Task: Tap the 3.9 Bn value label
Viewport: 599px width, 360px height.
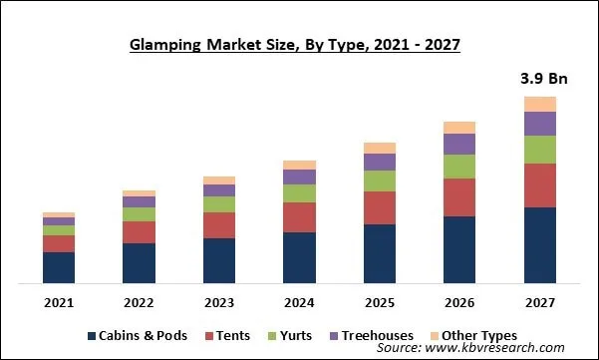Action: pos(539,78)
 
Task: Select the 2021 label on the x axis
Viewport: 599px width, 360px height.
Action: pos(59,302)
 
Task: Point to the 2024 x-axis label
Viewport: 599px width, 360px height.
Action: pos(299,302)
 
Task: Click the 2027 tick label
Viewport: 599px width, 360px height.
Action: pos(539,302)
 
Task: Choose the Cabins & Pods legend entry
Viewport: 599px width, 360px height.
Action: pos(140,336)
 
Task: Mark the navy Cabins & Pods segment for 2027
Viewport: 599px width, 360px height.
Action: pos(539,245)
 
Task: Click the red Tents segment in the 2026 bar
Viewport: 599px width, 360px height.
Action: pos(459,197)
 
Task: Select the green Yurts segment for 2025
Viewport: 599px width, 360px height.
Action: pos(380,180)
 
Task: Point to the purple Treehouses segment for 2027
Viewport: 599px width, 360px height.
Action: pos(539,123)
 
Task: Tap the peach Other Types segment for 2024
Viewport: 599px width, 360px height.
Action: pos(299,165)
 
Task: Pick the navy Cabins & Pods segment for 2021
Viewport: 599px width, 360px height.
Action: pos(59,267)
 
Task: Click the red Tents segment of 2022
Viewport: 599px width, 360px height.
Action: pos(140,232)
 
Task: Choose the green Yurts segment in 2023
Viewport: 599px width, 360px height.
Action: pos(219,204)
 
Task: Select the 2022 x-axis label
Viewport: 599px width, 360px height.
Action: pos(140,302)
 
